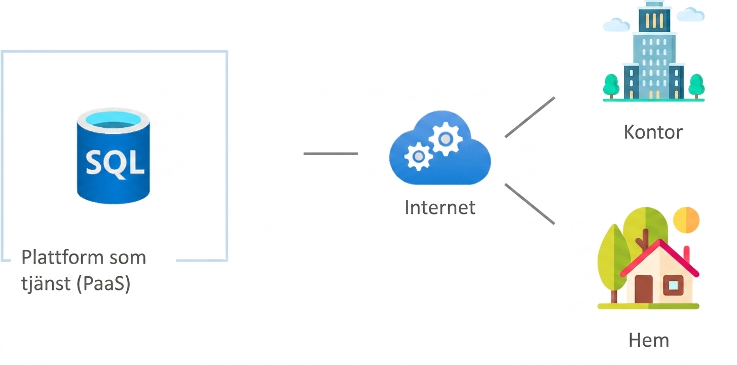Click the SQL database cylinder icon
(113, 155)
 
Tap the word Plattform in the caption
(61, 257)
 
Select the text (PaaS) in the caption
(103, 283)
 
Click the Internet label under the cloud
(440, 207)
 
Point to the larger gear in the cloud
(446, 139)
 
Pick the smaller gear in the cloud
(418, 157)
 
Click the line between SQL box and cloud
(330, 154)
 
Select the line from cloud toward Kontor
(530, 117)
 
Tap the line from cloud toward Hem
(530, 204)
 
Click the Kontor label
(653, 132)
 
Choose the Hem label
(649, 340)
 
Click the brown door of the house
(644, 289)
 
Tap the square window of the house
(673, 285)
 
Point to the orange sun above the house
(686, 220)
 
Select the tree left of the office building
(611, 86)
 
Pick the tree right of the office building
(696, 86)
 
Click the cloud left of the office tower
(616, 25)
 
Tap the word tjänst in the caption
(46, 284)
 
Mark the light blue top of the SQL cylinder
(114, 120)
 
